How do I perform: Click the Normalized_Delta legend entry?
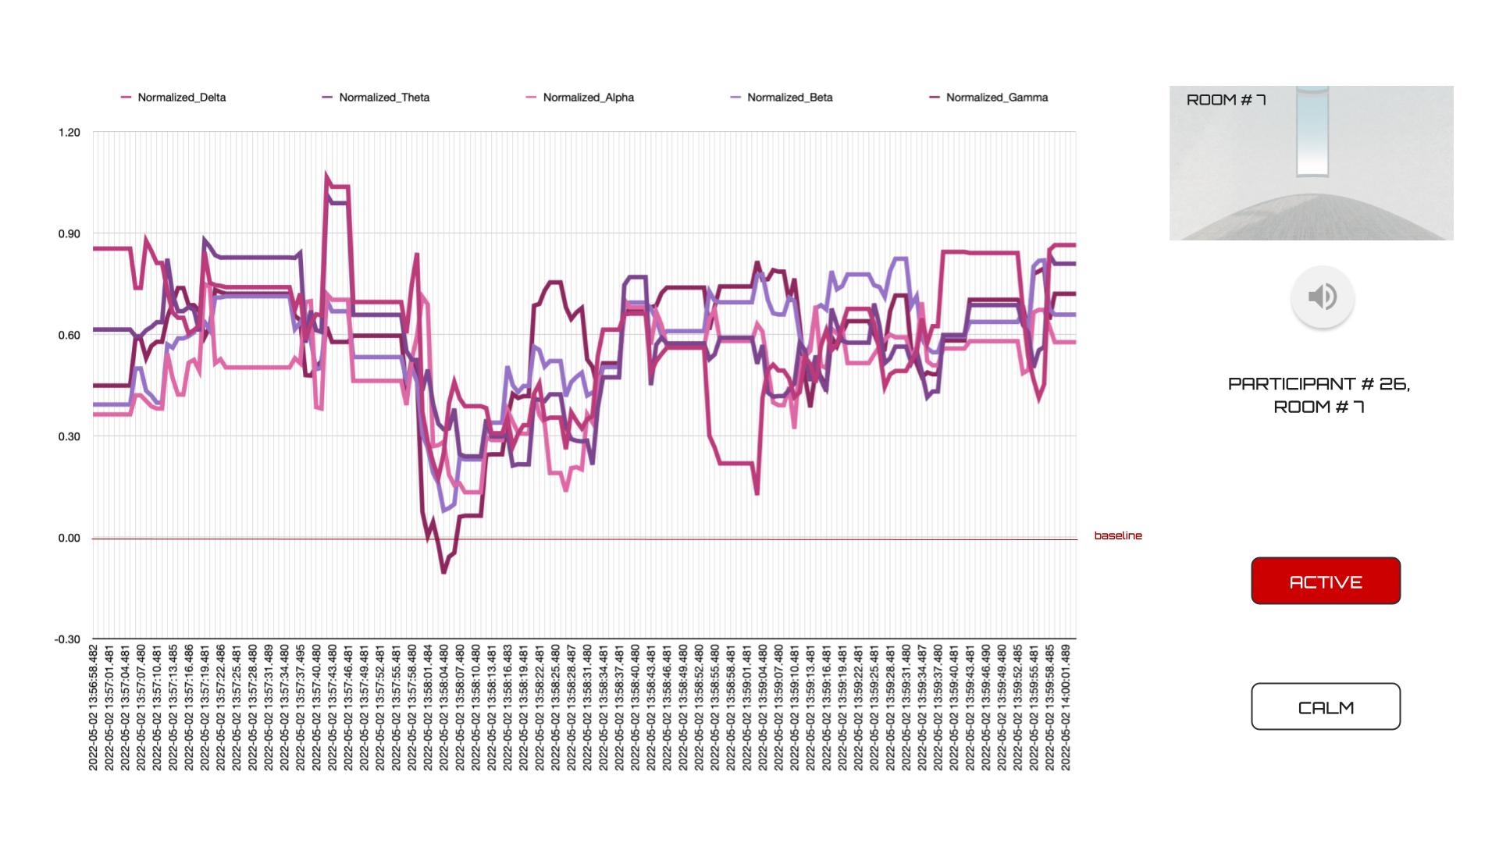tap(181, 98)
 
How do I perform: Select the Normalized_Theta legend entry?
tap(383, 98)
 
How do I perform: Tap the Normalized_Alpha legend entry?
tap(588, 98)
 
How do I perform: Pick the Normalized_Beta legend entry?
tap(789, 98)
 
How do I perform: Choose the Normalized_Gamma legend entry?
tap(996, 98)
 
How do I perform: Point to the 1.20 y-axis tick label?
tap(69, 133)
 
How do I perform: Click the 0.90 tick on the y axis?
tap(69, 234)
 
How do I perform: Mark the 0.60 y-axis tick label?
tap(69, 336)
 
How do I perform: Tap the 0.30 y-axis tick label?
tap(69, 436)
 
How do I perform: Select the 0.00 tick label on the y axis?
tap(69, 538)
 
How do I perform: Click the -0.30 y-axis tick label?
tap(67, 639)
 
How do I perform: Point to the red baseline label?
tap(1117, 535)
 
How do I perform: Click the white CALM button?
tap(1325, 707)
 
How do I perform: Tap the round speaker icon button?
tap(1322, 297)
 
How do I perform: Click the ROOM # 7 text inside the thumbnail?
tap(1226, 100)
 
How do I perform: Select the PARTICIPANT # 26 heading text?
tap(1319, 384)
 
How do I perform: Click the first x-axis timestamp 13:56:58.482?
tap(94, 707)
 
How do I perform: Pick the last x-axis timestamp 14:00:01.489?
tap(1066, 707)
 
